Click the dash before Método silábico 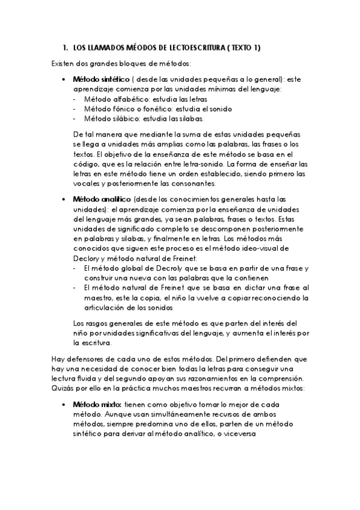(75, 118)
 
